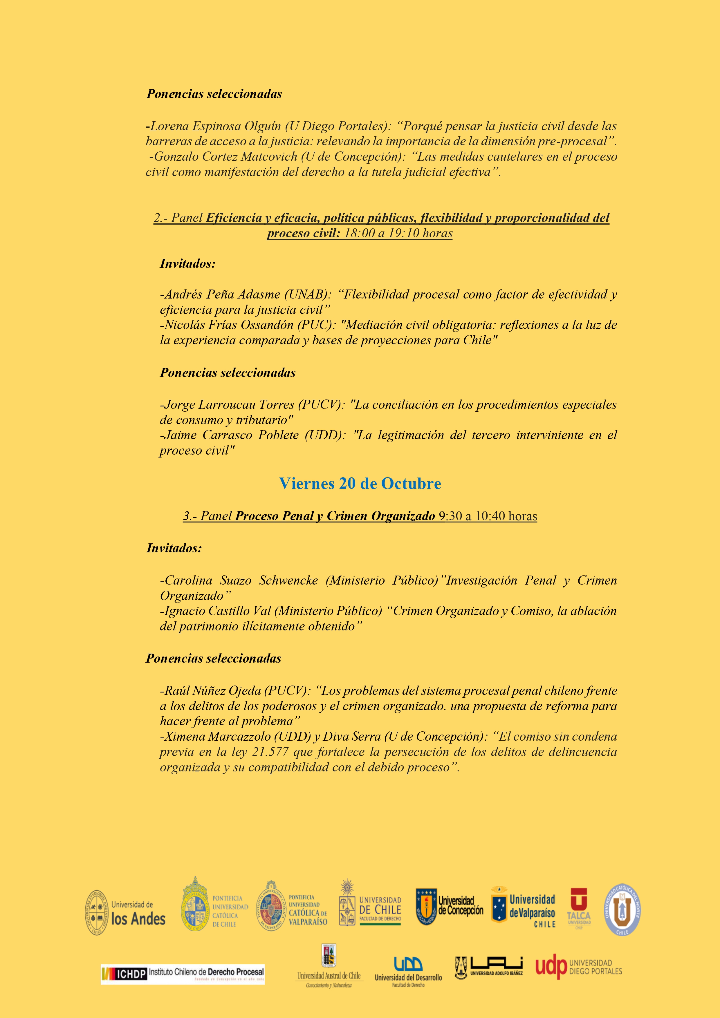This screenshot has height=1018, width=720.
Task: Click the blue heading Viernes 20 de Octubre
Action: pos(360,484)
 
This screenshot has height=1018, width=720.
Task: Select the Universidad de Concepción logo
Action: pos(450,906)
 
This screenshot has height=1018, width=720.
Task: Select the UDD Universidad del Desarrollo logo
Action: pos(408,972)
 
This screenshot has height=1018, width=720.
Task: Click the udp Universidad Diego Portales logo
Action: pos(578,968)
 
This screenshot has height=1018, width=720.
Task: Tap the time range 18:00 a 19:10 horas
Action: pos(398,233)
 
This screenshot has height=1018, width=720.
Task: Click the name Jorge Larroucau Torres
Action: pos(228,405)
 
